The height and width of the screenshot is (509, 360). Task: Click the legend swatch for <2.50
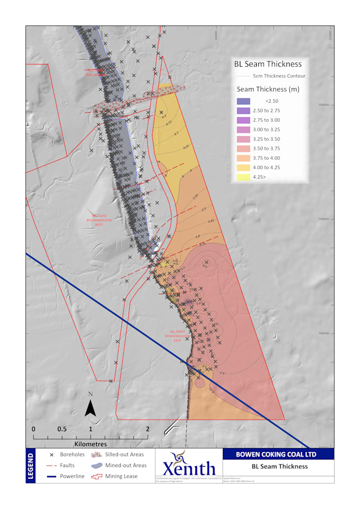click(244, 101)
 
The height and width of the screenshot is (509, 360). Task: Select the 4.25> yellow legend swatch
click(244, 177)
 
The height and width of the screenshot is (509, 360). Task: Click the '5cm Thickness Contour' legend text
click(279, 76)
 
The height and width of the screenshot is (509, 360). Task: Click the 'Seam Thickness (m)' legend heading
click(268, 89)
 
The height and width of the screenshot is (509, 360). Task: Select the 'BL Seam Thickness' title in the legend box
click(268, 64)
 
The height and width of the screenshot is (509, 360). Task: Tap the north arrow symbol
click(91, 407)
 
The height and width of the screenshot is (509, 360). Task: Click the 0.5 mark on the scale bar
click(62, 429)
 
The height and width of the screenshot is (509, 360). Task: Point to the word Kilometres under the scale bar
click(91, 444)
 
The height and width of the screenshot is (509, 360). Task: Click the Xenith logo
click(188, 466)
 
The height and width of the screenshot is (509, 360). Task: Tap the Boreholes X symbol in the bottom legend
click(52, 455)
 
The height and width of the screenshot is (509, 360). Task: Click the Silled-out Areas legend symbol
click(97, 455)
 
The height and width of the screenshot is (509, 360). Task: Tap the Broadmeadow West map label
click(100, 220)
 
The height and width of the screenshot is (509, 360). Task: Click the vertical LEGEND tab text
click(31, 466)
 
